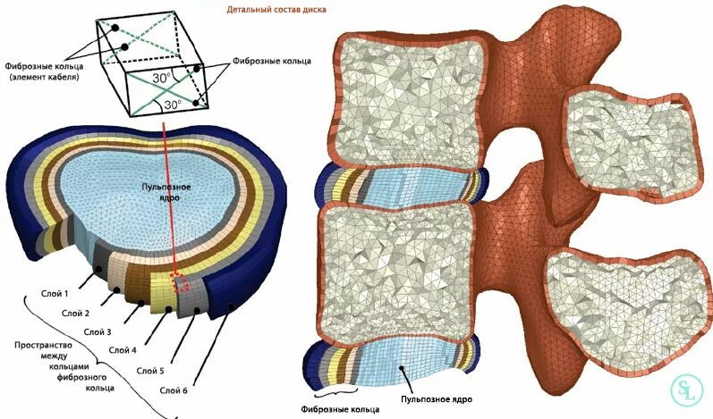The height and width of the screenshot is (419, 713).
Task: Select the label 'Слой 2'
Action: [x=74, y=313]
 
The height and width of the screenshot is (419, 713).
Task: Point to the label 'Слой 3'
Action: [x=98, y=331]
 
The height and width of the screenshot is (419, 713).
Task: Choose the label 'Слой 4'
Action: [x=122, y=350]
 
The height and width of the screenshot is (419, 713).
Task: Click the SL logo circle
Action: [x=687, y=391]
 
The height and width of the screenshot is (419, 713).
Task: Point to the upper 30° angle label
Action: [x=161, y=79]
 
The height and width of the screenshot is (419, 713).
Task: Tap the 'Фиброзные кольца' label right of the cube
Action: [x=271, y=61]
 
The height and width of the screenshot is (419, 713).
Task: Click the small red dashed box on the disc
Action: [x=180, y=282]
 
